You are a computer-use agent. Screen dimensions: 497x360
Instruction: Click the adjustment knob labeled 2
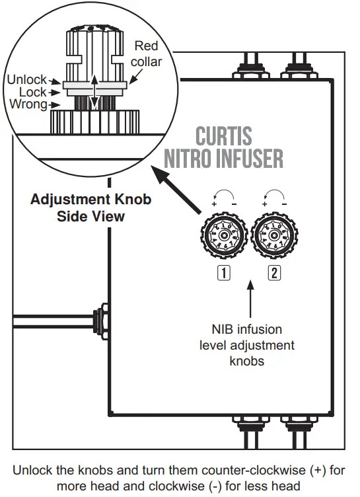273,236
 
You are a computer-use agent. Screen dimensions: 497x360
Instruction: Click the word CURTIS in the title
224,137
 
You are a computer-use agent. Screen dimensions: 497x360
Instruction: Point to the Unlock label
26,81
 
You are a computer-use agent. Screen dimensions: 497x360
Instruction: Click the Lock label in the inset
32,93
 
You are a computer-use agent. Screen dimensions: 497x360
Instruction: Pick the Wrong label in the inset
28,104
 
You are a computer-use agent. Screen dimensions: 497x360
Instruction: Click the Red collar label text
146,54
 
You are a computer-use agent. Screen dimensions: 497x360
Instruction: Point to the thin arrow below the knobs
250,301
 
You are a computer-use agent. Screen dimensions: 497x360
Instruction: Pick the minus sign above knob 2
283,204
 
